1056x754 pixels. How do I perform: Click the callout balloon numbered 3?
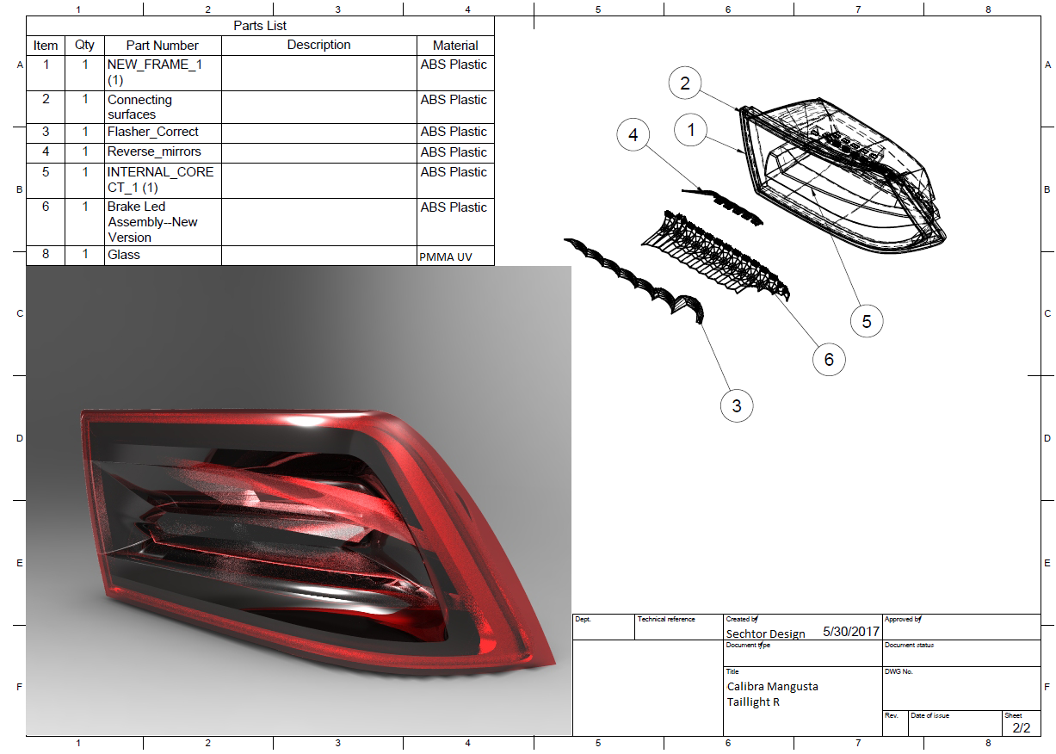(737, 406)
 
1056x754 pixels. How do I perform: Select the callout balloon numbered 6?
(829, 360)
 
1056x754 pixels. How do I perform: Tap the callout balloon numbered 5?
(867, 321)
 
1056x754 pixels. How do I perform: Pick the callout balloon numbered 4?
(633, 135)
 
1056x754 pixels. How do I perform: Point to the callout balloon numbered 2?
(685, 83)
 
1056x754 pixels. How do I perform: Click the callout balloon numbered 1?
(691, 131)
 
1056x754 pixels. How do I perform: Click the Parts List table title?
(260, 26)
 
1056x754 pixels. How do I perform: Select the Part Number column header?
(162, 46)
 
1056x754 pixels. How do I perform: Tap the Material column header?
(455, 46)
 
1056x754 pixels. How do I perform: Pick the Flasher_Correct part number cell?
(153, 132)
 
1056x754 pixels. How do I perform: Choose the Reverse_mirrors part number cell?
(154, 151)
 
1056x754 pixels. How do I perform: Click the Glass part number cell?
(123, 255)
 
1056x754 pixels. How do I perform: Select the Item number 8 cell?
(46, 255)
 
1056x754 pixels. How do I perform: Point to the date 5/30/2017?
(850, 631)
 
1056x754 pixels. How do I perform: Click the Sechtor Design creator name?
(766, 633)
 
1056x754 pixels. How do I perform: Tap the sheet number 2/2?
(1021, 727)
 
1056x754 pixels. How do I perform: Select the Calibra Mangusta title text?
(773, 686)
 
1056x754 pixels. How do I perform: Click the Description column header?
(318, 45)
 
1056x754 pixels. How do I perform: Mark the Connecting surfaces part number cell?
(139, 107)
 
